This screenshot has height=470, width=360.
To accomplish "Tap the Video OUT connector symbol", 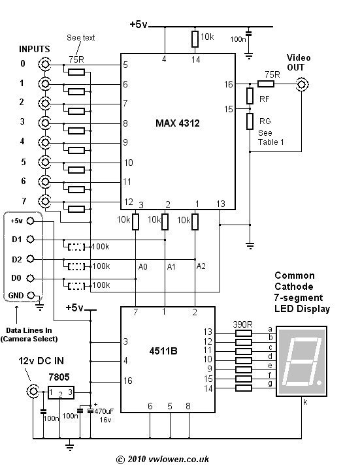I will [302, 84].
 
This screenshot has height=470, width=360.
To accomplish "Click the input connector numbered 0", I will [45, 64].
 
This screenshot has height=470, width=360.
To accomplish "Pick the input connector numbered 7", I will [45, 200].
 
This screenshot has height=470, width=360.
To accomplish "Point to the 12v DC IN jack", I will [31, 391].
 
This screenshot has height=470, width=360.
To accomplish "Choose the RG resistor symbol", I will [250, 122].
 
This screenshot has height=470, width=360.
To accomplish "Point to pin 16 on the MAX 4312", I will [227, 84].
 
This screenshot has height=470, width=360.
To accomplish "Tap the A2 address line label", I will [201, 267].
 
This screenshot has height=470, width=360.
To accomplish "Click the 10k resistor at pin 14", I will [195, 39].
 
